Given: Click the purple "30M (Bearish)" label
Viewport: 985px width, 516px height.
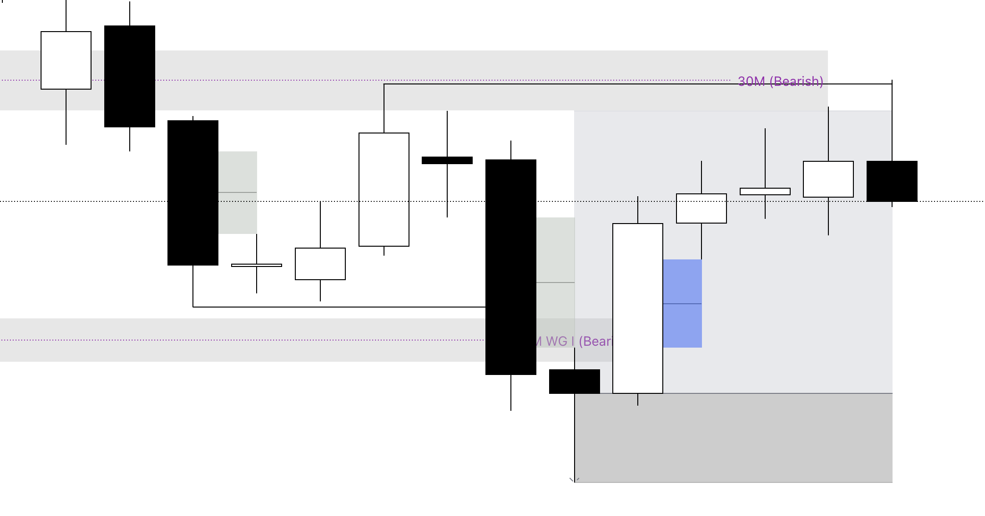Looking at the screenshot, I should (780, 81).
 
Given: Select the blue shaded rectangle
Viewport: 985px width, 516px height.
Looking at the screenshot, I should (682, 303).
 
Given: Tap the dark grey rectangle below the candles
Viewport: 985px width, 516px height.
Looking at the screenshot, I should (734, 438).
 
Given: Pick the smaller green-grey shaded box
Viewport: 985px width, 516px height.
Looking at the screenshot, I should (238, 192).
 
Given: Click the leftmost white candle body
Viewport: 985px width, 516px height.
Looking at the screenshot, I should (66, 60).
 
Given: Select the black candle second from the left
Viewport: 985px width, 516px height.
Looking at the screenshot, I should (130, 76).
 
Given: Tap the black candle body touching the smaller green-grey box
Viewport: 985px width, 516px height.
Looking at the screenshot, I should (193, 193).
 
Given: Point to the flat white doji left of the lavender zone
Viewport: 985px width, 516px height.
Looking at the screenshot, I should (257, 266).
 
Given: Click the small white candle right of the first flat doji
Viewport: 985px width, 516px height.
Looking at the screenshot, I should (320, 264).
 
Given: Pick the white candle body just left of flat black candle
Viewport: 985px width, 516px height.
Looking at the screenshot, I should (384, 190).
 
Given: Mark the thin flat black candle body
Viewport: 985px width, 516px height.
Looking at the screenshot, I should (447, 160).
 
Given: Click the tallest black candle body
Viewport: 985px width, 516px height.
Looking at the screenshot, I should (511, 267).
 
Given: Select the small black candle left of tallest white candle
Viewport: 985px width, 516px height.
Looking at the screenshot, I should (575, 381).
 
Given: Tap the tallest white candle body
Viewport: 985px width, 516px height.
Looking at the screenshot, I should (638, 308).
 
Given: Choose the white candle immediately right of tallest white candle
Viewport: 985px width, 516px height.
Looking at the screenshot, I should (701, 208).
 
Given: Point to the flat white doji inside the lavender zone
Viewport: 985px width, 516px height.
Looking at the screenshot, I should (765, 191).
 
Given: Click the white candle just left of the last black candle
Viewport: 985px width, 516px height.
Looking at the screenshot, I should (828, 179).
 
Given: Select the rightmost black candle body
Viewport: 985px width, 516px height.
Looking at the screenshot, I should (892, 181).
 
